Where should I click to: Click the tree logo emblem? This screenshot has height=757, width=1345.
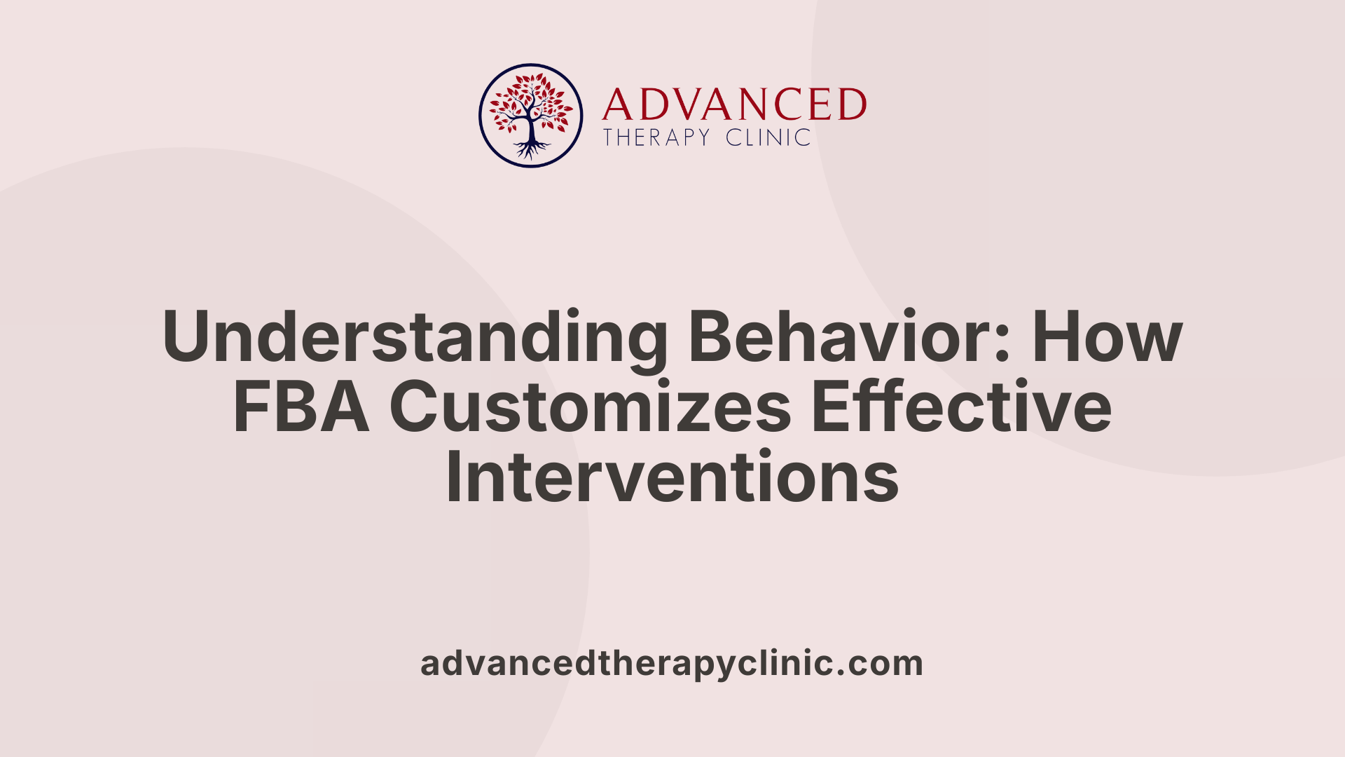pos(530,116)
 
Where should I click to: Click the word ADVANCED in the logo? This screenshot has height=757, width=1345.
pos(733,105)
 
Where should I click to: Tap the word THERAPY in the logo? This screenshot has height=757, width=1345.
pos(657,137)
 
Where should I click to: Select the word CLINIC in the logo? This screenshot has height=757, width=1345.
pos(768,137)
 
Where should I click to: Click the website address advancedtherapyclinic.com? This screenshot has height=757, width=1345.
pos(672,663)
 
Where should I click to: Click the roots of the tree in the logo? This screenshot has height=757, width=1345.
pos(531,149)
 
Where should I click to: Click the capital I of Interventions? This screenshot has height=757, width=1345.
pos(453,477)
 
